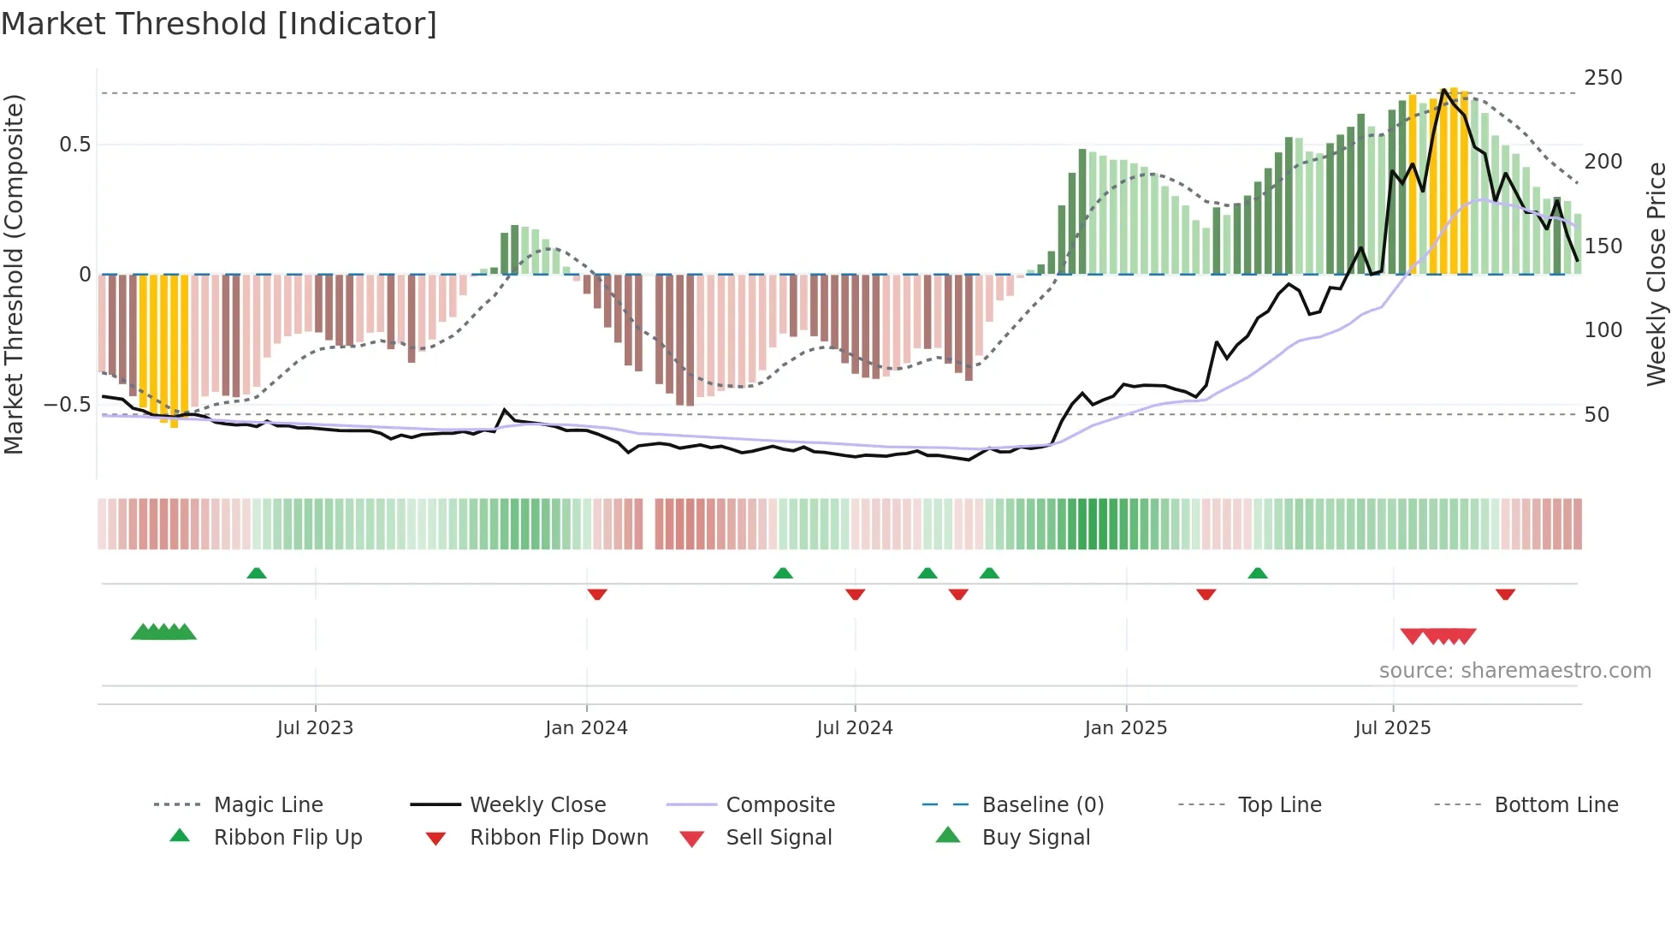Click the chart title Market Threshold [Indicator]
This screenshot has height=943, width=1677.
[x=219, y=24]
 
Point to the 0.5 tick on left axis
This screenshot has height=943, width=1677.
[x=75, y=145]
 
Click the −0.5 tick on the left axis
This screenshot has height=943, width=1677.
[x=68, y=405]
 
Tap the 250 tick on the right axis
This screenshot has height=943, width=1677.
[x=1603, y=78]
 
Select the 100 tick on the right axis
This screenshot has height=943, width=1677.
[x=1603, y=330]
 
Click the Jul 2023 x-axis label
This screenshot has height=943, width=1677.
[x=315, y=728]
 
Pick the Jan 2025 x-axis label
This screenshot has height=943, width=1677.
[x=1125, y=728]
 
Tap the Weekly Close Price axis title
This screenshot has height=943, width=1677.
[x=1656, y=274]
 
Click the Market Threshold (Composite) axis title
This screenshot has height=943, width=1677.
[x=14, y=274]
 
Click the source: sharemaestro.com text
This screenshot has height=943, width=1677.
[x=1514, y=671]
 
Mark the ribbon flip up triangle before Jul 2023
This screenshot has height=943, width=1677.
[x=257, y=573]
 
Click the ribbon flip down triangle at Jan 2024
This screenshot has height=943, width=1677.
[x=597, y=594]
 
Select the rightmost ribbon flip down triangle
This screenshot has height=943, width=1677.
[x=1505, y=594]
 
